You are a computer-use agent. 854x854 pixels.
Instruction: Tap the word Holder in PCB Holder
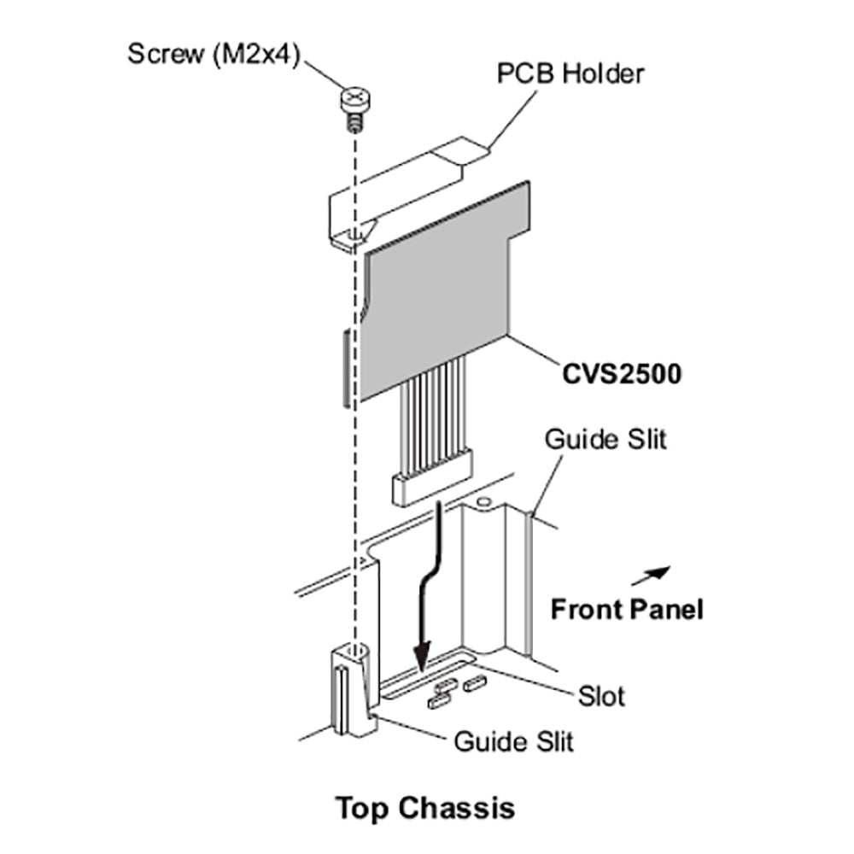(605, 74)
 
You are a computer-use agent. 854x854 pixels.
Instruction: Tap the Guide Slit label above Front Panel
(605, 440)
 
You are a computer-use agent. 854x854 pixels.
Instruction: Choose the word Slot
(600, 696)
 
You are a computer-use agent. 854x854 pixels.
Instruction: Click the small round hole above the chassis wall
(484, 502)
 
